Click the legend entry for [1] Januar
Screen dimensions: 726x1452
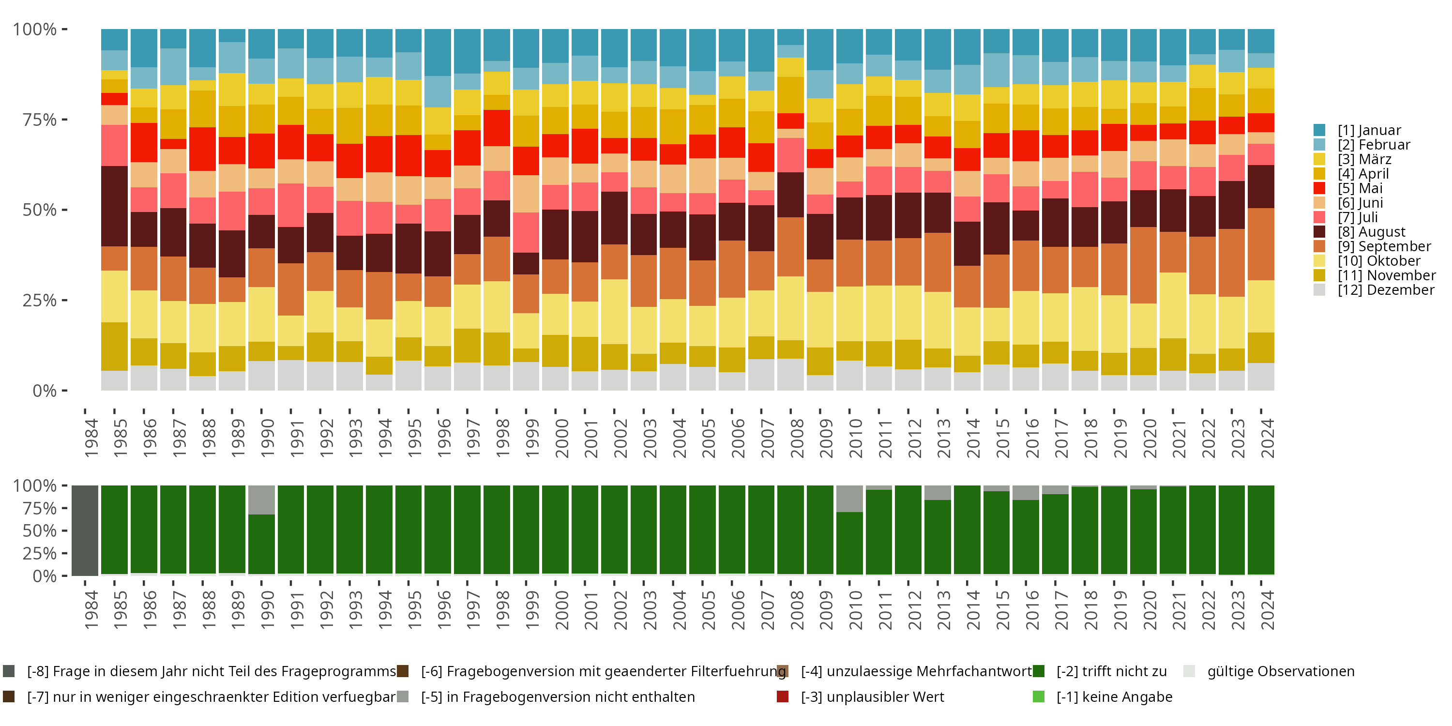pyautogui.click(x=1369, y=130)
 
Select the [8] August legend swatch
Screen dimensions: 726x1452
pyautogui.click(x=1319, y=232)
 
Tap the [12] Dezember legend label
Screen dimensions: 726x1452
pyautogui.click(x=1386, y=290)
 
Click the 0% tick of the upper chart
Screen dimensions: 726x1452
pyautogui.click(x=45, y=391)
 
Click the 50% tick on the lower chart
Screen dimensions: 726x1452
pyautogui.click(x=40, y=530)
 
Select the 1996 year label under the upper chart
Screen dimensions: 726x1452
pyautogui.click(x=444, y=438)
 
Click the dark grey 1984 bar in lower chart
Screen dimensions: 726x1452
pyautogui.click(x=85, y=530)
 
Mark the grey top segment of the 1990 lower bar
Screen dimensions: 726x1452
pyautogui.click(x=261, y=500)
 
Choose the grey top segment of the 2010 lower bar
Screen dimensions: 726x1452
pyautogui.click(x=849, y=499)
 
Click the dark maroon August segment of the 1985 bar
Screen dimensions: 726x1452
pyautogui.click(x=114, y=206)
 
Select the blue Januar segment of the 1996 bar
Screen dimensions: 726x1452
pyautogui.click(x=438, y=52)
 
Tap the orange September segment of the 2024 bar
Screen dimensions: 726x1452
pyautogui.click(x=1261, y=244)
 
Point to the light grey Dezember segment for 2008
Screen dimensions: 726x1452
pyautogui.click(x=790, y=374)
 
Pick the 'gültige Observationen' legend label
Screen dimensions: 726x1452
pyautogui.click(x=1280, y=671)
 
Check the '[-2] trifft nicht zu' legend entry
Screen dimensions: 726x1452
pyautogui.click(x=1111, y=671)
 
